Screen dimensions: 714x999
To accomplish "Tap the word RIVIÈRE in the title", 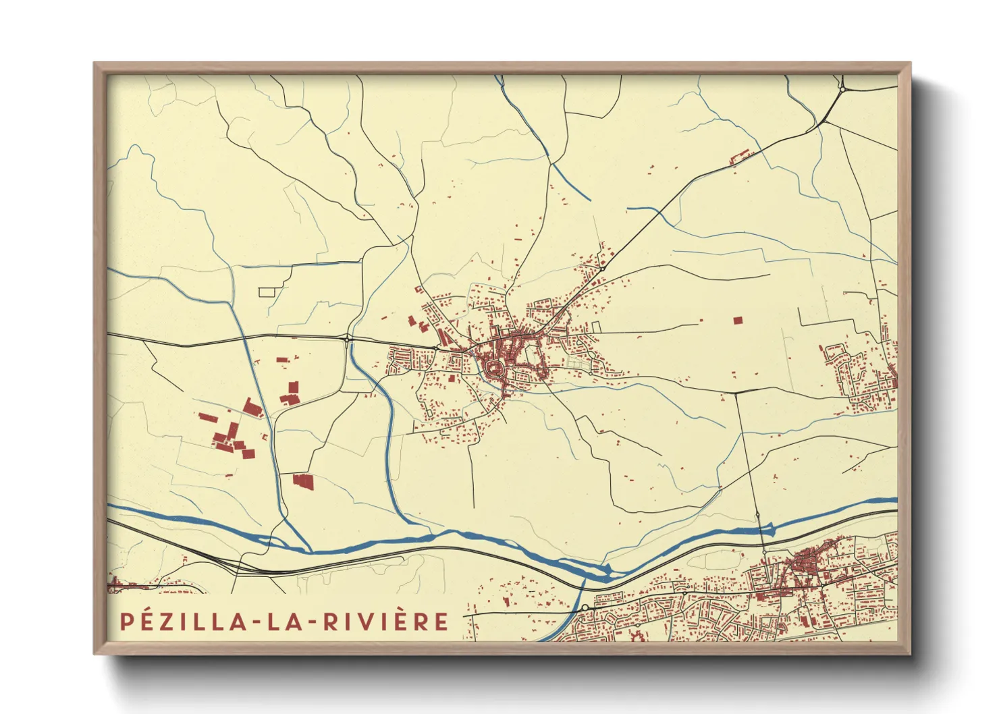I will click(x=385, y=622).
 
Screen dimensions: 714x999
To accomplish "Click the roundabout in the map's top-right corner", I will click(x=843, y=88).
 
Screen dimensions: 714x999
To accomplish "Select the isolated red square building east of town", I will click(x=737, y=320).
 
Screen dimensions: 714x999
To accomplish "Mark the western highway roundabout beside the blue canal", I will click(x=347, y=337).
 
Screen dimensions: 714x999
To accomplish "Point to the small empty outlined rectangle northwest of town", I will click(x=268, y=292).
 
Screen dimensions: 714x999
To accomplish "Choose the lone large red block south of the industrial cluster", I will click(x=304, y=481).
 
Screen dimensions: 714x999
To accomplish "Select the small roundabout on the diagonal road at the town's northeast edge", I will click(x=602, y=268).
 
